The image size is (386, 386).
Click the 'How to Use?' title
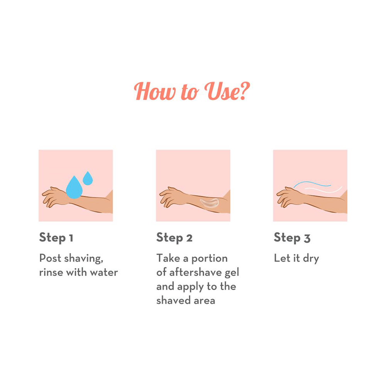[192, 91]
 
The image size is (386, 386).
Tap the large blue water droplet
[74, 188]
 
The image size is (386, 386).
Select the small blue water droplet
[88, 178]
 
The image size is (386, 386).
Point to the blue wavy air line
[312, 183]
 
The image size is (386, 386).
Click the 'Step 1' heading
[56, 238]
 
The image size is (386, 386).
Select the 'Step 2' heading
[174, 238]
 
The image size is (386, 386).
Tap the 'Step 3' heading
[292, 238]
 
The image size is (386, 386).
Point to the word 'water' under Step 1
[104, 273]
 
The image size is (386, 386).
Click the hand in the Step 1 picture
[54, 197]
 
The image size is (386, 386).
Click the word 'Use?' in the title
[227, 91]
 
